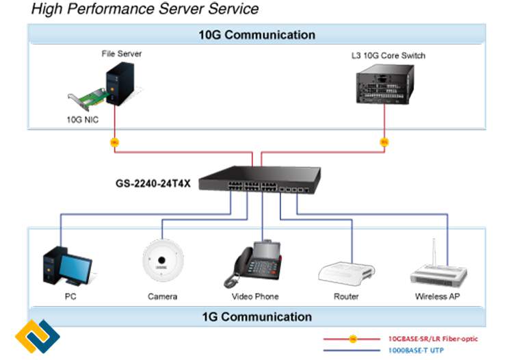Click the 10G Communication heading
tap(256, 35)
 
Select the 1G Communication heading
tap(256, 317)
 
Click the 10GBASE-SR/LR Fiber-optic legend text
tap(433, 339)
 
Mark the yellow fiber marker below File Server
tap(114, 142)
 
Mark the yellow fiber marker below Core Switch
tap(384, 142)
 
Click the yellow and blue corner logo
tap(38, 337)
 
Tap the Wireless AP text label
tap(437, 297)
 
